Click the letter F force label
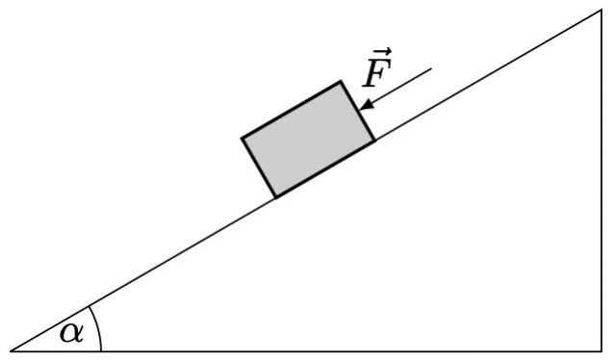(377, 72)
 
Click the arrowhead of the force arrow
(367, 105)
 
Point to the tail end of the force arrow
(431, 68)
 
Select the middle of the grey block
(309, 140)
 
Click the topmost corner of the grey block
(341, 81)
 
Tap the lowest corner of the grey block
(276, 197)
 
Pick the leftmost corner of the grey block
(243, 138)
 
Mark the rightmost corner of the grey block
(374, 140)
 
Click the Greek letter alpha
(71, 333)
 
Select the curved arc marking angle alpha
(98, 326)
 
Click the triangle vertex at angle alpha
(11, 351)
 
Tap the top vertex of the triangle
(601, 10)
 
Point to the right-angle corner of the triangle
(601, 351)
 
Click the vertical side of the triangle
(601, 180)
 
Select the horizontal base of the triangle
(306, 351)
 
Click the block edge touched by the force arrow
(358, 111)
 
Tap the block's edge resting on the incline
(325, 168)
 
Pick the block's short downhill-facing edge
(259, 167)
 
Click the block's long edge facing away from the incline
(292, 110)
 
